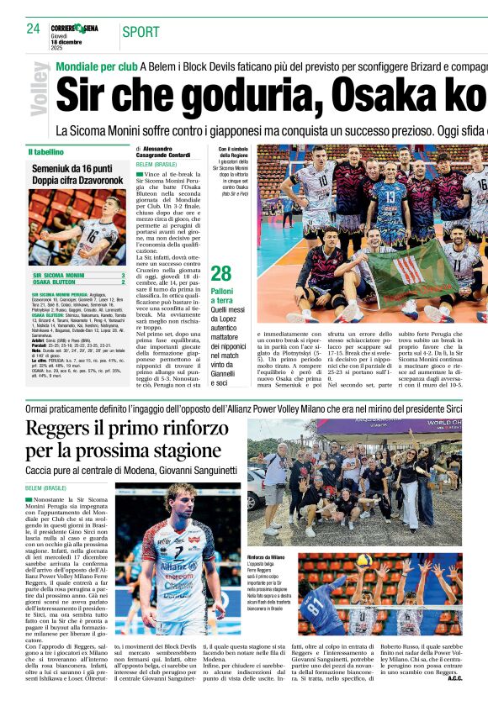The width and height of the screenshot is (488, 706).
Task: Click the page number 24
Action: pyautogui.click(x=34, y=29)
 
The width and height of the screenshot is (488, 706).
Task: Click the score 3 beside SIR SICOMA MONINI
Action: pyautogui.click(x=123, y=275)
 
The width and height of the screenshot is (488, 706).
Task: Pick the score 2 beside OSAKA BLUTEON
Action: pyautogui.click(x=123, y=282)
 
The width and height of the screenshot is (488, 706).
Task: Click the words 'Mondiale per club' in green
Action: pyautogui.click(x=96, y=66)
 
